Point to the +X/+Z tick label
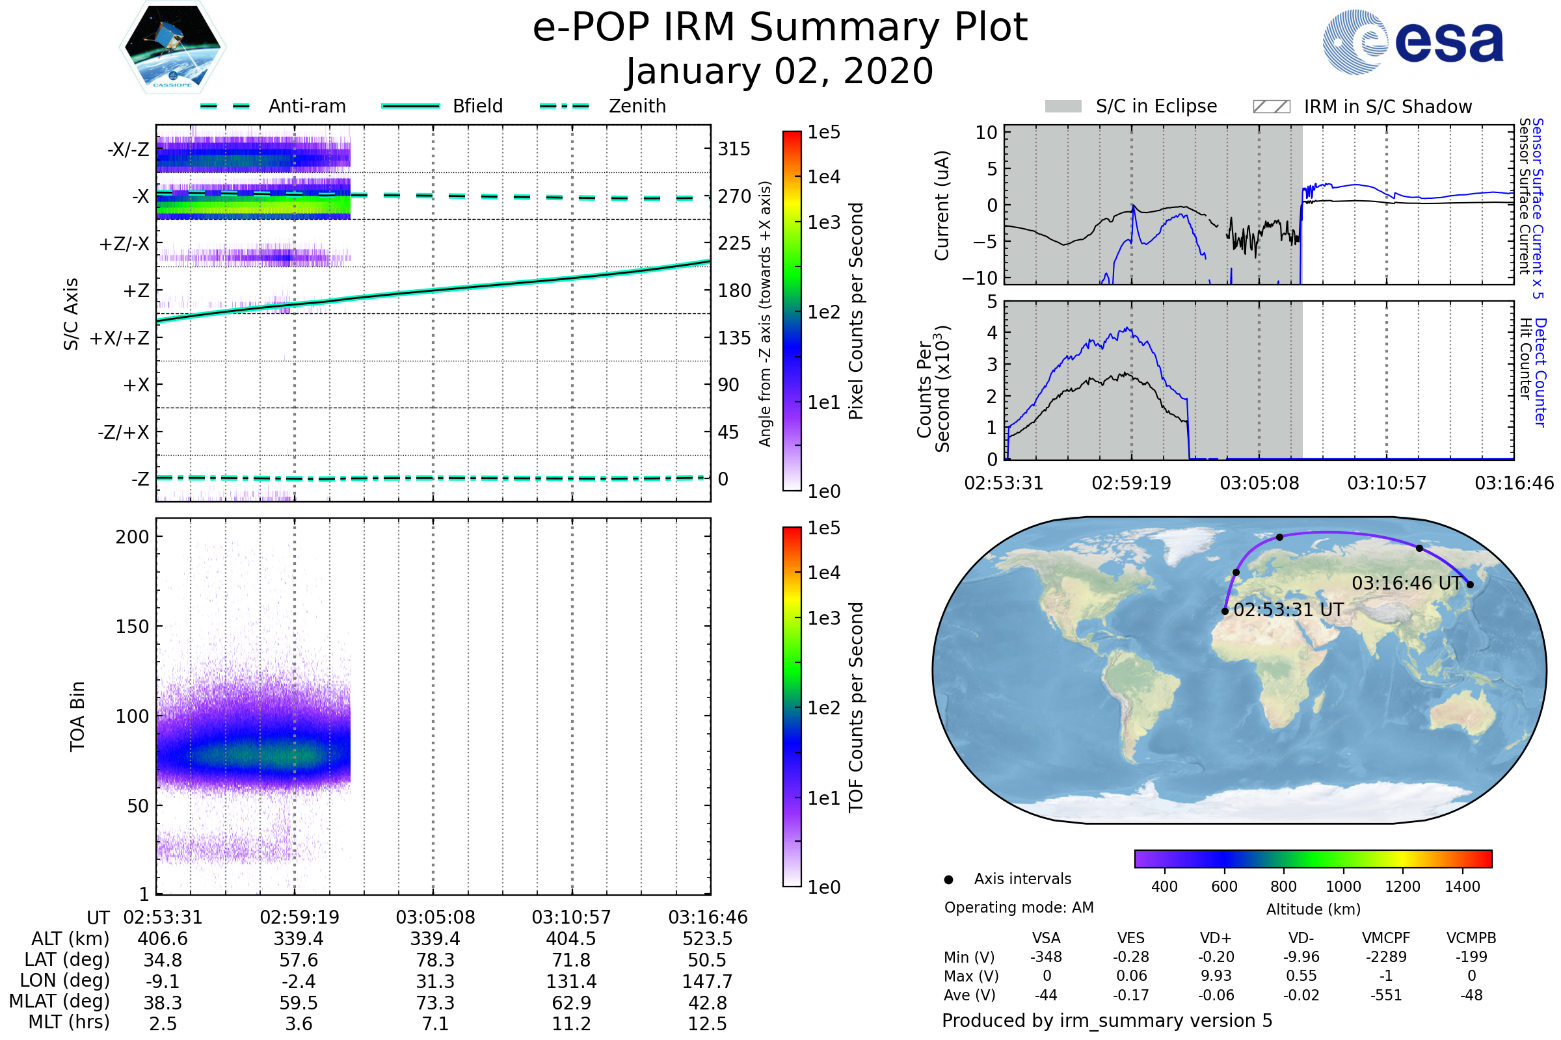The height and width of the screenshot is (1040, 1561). coord(120,338)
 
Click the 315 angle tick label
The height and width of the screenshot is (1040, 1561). coord(734,149)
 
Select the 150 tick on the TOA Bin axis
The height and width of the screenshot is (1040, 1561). coord(132,627)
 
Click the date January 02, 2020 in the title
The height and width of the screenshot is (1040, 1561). coord(780,71)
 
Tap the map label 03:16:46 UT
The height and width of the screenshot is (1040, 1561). coord(1406,584)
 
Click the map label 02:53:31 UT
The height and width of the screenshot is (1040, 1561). coord(1288,610)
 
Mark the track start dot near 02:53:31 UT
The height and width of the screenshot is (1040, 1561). coord(1225,611)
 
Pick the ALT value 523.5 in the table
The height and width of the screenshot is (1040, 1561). coord(708,939)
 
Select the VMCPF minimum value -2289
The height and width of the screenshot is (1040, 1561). coord(1386,957)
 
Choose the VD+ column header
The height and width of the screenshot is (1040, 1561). coord(1216,939)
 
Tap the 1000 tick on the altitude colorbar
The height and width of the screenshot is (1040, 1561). coord(1343,887)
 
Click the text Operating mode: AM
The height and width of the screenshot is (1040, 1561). coord(1019,907)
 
